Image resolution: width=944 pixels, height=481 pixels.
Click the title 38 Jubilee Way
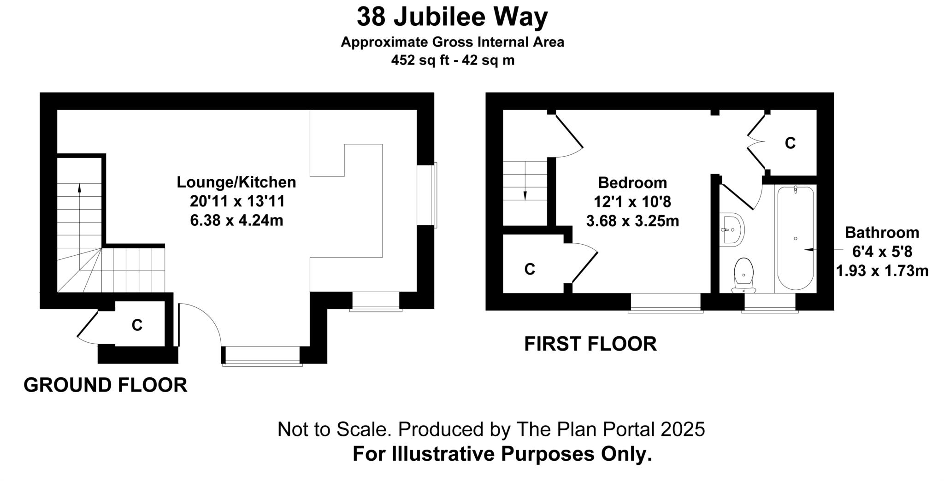(x=452, y=18)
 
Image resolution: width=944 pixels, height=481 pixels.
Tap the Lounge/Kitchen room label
(x=236, y=182)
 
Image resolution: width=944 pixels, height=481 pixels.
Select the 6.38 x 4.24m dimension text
(x=236, y=221)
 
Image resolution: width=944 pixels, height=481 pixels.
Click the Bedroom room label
(x=632, y=183)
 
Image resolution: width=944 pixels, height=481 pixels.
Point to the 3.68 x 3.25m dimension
(x=632, y=221)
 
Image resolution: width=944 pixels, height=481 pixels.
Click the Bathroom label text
(x=882, y=233)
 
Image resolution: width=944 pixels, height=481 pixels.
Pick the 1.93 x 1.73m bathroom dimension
(x=882, y=271)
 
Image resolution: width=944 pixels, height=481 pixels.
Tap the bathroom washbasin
(x=732, y=229)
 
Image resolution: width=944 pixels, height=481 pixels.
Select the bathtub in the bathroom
(x=796, y=238)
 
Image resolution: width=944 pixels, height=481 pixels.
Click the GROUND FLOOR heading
(x=105, y=385)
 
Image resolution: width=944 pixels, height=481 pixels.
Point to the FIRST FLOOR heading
(x=590, y=344)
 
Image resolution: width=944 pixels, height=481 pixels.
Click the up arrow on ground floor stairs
(x=79, y=188)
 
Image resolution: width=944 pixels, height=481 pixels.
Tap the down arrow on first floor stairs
(x=525, y=195)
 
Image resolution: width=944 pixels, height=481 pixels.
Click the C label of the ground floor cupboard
(x=137, y=325)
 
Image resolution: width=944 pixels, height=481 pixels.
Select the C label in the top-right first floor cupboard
(x=790, y=143)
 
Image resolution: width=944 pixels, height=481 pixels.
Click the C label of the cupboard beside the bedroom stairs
(x=530, y=269)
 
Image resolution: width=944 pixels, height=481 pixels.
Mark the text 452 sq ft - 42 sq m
(x=452, y=60)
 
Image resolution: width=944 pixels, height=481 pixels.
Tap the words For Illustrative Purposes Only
(x=502, y=454)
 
